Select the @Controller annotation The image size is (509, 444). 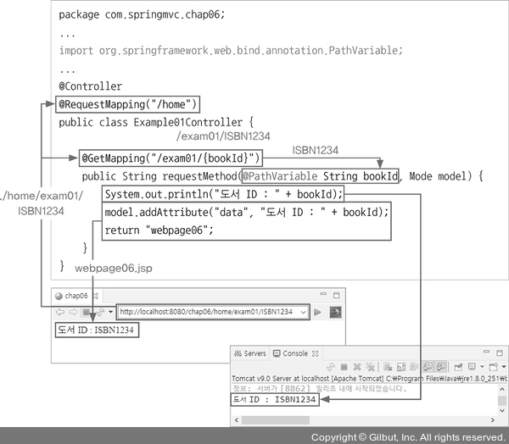click(90, 86)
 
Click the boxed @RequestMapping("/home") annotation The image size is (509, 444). click(128, 105)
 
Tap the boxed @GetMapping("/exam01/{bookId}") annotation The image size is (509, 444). click(171, 158)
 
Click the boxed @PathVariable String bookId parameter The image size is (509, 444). click(320, 176)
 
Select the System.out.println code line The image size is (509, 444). click(222, 194)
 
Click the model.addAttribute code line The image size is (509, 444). click(246, 212)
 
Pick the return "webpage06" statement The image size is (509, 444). click(159, 230)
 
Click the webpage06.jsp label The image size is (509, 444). click(115, 267)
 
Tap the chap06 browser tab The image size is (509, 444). click(75, 296)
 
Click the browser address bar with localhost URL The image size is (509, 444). click(212, 312)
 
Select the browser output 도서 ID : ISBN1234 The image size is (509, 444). click(95, 329)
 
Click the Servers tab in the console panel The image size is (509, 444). click(251, 353)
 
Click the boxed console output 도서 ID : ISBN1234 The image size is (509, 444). click(275, 399)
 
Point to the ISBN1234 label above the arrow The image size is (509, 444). click(316, 150)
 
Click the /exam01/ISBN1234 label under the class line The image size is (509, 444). click(223, 136)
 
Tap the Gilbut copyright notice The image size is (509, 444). click(408, 437)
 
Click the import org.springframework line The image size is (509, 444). click(231, 51)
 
